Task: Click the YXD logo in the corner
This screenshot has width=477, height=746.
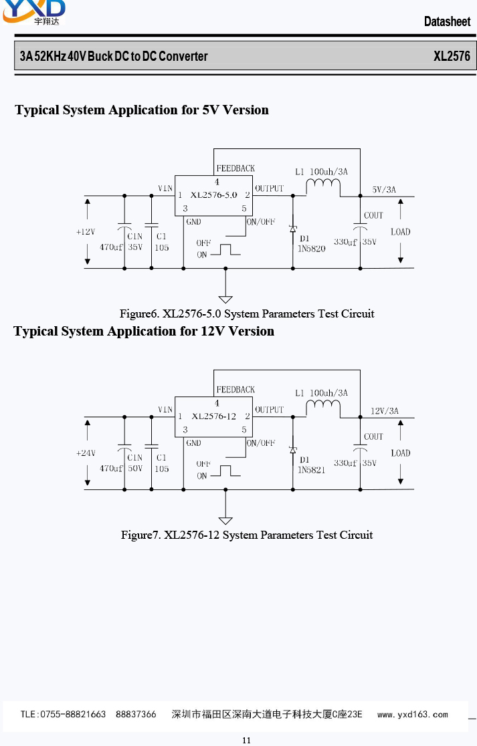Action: (34, 11)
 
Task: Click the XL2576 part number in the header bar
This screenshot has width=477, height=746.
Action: (452, 56)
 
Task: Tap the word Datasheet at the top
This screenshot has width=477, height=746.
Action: (447, 21)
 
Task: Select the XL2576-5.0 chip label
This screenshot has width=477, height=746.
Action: (213, 195)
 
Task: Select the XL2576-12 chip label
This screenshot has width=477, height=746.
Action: (213, 416)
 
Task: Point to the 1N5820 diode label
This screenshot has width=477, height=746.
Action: (311, 249)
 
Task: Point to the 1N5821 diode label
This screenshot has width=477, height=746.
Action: (311, 470)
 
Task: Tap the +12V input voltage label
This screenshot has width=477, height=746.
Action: (86, 232)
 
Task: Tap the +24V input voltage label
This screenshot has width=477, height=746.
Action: (86, 453)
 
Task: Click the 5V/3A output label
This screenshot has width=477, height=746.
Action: (384, 189)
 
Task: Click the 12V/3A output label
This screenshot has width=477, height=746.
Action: (384, 410)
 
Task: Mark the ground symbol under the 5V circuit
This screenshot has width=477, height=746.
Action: (225, 299)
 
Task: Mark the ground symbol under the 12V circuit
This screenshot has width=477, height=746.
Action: (225, 521)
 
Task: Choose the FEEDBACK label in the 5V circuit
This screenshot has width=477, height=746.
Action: (235, 168)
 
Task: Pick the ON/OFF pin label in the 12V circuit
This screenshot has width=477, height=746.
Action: (261, 443)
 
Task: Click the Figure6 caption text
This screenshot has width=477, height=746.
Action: (247, 314)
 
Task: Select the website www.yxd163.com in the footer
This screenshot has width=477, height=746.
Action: (412, 714)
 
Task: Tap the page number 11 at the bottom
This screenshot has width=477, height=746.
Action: (246, 740)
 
